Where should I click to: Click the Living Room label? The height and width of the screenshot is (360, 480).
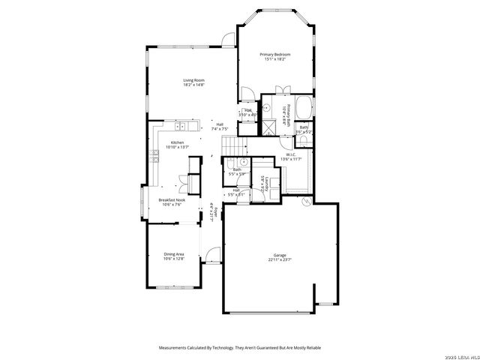pyautogui.click(x=194, y=80)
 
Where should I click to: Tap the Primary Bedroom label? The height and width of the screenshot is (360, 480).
pyautogui.click(x=274, y=55)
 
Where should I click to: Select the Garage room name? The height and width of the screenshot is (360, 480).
pyautogui.click(x=280, y=255)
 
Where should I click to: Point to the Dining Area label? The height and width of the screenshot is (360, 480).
pyautogui.click(x=174, y=254)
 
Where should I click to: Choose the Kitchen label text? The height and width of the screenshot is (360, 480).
pyautogui.click(x=177, y=142)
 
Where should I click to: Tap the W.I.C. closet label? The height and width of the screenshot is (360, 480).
pyautogui.click(x=290, y=154)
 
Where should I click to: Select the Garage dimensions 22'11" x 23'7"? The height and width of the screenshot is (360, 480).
pyautogui.click(x=280, y=260)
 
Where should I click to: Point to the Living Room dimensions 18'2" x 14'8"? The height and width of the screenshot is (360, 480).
pyautogui.click(x=194, y=85)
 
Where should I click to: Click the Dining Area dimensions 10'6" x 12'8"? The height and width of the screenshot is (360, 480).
pyautogui.click(x=174, y=259)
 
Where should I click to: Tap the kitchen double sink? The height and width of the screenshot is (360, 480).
pyautogui.click(x=183, y=124)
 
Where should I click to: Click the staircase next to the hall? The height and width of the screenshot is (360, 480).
pyautogui.click(x=234, y=142)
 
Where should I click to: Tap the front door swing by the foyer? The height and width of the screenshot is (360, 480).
pyautogui.click(x=214, y=255)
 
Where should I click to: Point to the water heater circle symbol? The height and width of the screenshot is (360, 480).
pyautogui.click(x=306, y=202)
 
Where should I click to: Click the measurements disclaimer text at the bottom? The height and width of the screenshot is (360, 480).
pyautogui.click(x=239, y=347)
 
